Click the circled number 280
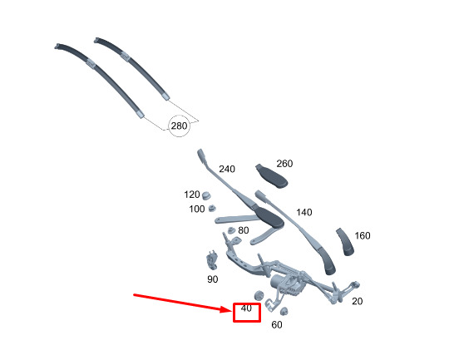click(180, 126)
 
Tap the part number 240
click(227, 169)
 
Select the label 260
click(284, 164)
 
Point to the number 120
click(192, 195)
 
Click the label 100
click(197, 209)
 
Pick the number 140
click(304, 212)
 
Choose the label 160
click(363, 235)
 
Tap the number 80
click(243, 230)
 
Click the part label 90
click(213, 279)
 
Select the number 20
click(358, 301)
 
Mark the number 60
click(277, 325)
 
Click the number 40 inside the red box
click(246, 308)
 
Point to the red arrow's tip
click(233, 310)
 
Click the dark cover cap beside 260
click(271, 176)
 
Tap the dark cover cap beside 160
click(345, 242)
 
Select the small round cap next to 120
click(206, 195)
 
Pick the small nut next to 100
click(213, 208)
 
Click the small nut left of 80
click(231, 230)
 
